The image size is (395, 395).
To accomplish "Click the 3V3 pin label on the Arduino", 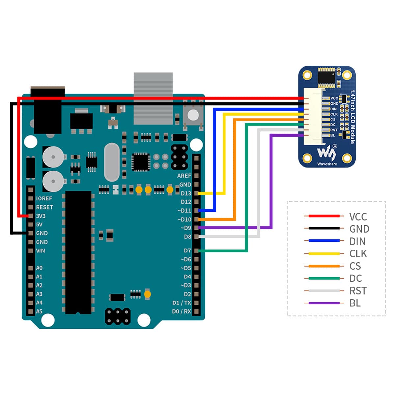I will click(x=41, y=216).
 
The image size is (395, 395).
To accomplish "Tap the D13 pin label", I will click(x=186, y=193).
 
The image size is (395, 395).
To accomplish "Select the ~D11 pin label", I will click(x=184, y=211).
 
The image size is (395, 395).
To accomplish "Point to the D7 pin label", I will click(x=187, y=251).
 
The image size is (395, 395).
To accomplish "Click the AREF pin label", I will click(x=184, y=176).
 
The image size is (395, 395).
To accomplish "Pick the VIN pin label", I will click(x=40, y=251).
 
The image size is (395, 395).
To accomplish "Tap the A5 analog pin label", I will click(x=39, y=311).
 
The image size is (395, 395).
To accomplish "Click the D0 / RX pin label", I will click(x=181, y=311).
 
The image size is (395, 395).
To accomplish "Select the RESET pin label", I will click(x=44, y=207).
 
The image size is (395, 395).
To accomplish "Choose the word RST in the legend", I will click(x=358, y=291).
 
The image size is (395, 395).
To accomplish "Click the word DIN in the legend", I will click(x=357, y=241).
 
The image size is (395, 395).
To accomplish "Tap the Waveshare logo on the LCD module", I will click(x=327, y=153).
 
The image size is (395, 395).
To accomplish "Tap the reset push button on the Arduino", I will click(x=193, y=115).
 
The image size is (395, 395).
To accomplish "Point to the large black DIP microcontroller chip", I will click(x=78, y=252).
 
